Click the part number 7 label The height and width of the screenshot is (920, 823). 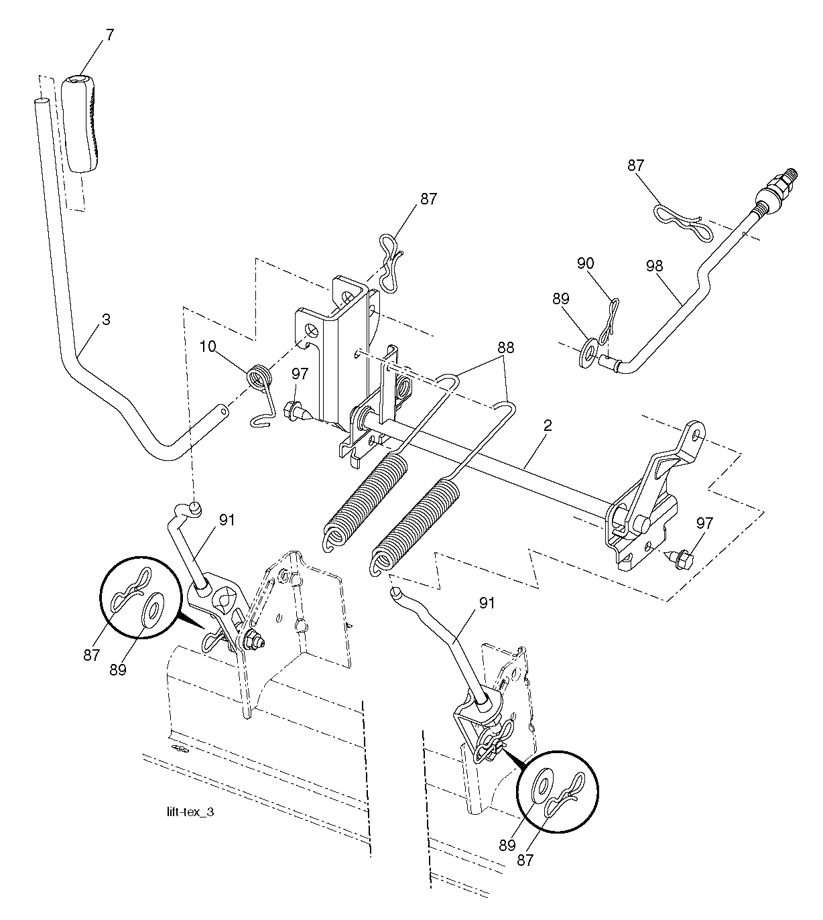(x=109, y=35)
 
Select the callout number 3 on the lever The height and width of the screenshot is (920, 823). (x=106, y=320)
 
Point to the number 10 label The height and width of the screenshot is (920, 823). (x=208, y=346)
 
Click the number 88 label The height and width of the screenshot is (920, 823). (x=505, y=347)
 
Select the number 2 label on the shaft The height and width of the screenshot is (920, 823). (x=548, y=425)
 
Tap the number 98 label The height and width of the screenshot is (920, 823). (x=654, y=265)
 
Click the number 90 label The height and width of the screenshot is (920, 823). (x=586, y=263)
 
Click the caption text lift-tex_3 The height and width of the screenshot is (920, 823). (x=190, y=812)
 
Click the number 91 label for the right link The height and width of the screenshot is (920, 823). (x=487, y=603)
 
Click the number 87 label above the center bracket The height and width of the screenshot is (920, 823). (x=428, y=198)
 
